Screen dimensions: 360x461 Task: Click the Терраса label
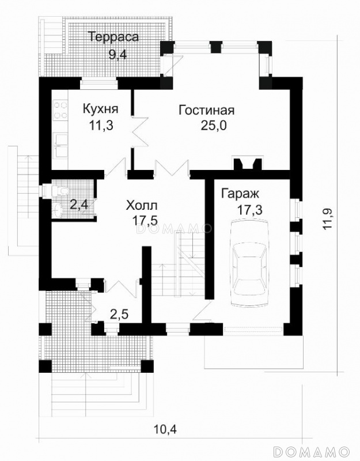point(113,37)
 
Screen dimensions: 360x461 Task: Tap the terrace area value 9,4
point(118,54)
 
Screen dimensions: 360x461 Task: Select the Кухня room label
point(100,108)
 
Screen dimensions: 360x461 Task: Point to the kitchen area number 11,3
point(101,126)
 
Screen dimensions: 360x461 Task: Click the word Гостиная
point(207,110)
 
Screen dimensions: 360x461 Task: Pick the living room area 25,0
point(214,126)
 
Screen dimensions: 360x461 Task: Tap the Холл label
point(142,205)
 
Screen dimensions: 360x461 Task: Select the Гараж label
point(240,194)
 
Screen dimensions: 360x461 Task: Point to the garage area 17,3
point(250,210)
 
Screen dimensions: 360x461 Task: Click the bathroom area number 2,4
point(79,205)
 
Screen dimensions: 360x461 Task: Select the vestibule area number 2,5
point(119,315)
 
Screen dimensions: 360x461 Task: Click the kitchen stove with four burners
point(60,110)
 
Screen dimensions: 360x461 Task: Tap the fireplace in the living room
point(248,163)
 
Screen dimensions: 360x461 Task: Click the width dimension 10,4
point(165,429)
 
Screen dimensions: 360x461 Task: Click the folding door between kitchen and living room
point(141,131)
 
